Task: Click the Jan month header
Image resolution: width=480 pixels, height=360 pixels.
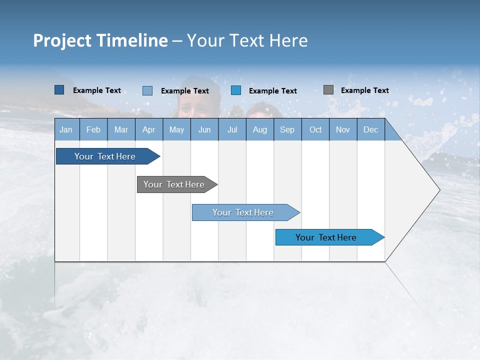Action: coord(66,129)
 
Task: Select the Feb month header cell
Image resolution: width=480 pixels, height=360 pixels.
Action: coord(93,129)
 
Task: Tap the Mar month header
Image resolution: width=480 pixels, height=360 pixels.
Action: coord(121,129)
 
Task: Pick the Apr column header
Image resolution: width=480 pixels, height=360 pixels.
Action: coord(149,129)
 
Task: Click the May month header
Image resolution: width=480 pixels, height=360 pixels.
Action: coord(176,129)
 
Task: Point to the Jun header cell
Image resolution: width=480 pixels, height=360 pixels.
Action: coord(204,129)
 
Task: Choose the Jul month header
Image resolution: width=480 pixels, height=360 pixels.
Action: coord(232,129)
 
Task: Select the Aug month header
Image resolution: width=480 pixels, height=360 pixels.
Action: coord(260,129)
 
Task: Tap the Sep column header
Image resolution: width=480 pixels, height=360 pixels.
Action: coord(287,129)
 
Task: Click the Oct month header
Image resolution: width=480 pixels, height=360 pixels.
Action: coord(315,129)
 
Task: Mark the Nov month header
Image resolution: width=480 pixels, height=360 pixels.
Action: coord(343,129)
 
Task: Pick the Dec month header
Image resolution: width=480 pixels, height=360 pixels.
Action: coord(371,129)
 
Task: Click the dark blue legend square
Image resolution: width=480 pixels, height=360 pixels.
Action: coord(59,90)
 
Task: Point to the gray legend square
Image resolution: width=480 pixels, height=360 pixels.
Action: coord(328,90)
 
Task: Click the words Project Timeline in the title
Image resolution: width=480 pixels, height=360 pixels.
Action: coord(100,40)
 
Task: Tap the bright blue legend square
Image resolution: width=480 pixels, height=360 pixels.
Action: coord(236,90)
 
